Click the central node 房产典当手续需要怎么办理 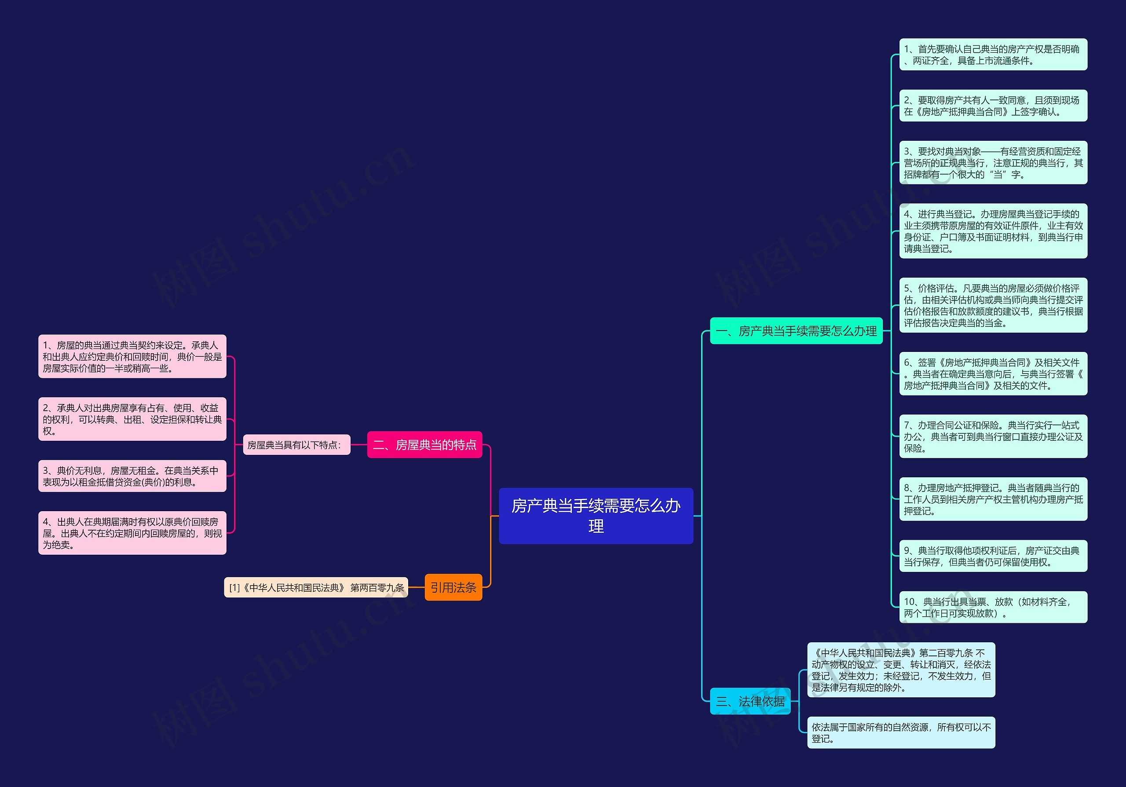tap(596, 515)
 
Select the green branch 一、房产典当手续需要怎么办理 tap(796, 331)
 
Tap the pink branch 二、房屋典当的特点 tap(425, 445)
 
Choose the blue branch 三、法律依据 tap(750, 701)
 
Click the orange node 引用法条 tap(453, 587)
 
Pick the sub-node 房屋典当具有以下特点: tap(297, 445)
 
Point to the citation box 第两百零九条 tap(316, 587)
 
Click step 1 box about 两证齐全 tap(993, 55)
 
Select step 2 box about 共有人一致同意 tap(993, 106)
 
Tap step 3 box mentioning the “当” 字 tap(993, 163)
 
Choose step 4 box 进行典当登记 tap(993, 231)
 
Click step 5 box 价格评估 tap(993, 305)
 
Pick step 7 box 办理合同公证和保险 tap(993, 436)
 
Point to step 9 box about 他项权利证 tap(993, 556)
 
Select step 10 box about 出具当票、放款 tap(993, 607)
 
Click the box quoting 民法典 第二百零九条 tap(901, 670)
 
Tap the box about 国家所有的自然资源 tap(901, 732)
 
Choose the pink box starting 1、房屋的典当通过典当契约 tap(132, 356)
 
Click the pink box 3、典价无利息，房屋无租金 tap(132, 476)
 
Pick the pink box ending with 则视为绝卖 tap(132, 533)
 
